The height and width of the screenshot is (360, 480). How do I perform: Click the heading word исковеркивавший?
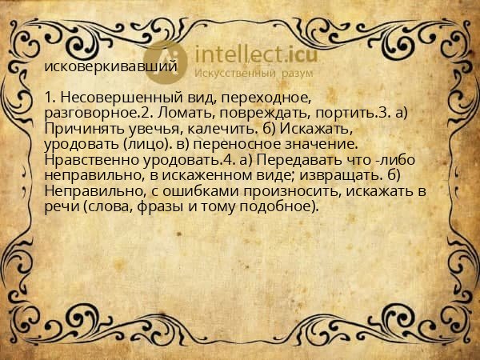coord(111,66)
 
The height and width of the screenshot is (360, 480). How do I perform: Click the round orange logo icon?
coord(166,59)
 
